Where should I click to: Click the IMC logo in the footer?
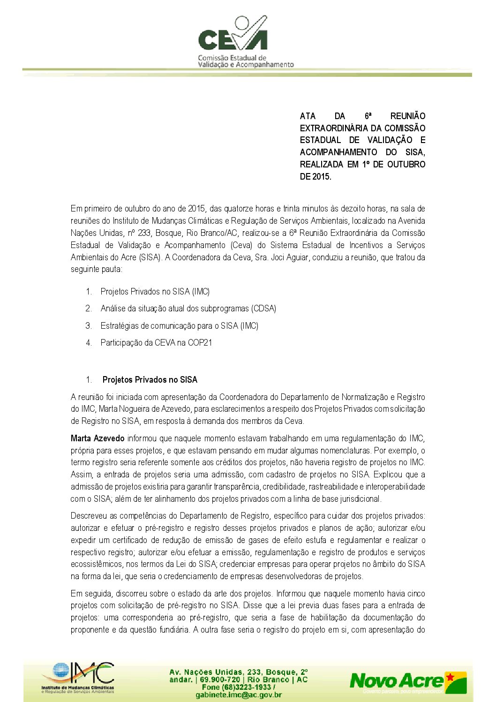click(x=78, y=678)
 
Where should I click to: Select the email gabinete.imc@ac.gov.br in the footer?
click(x=239, y=694)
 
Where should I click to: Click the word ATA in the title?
click(x=308, y=116)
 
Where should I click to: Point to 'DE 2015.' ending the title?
click(x=316, y=177)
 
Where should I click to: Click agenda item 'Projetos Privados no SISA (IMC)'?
click(x=155, y=292)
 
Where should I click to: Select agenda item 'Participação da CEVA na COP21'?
click(x=156, y=343)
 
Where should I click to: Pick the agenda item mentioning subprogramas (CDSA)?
click(x=188, y=309)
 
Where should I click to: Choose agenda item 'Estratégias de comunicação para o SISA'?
click(x=179, y=326)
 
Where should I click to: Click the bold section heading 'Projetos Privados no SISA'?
click(x=150, y=380)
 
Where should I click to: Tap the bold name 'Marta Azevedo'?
click(x=98, y=438)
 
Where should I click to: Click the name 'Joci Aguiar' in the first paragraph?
click(x=290, y=257)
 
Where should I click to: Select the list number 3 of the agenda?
click(x=89, y=326)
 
